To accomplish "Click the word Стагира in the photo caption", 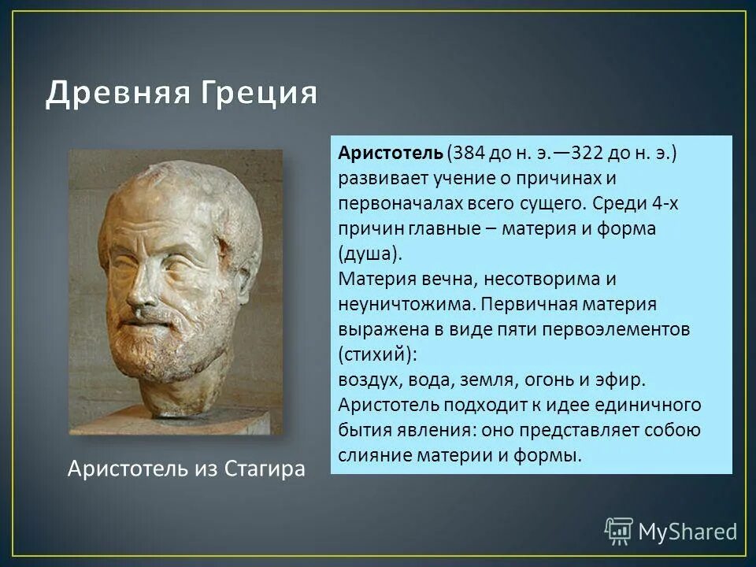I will pos(265,469).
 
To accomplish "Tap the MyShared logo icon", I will pos(618,530).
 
